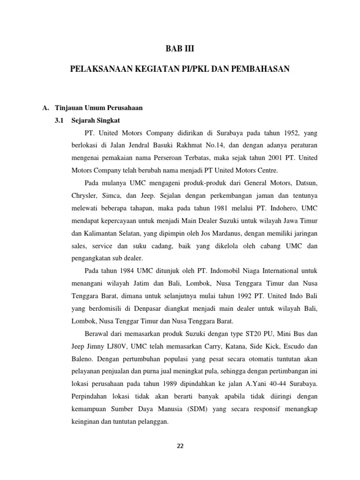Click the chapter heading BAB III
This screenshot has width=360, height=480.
click(180, 48)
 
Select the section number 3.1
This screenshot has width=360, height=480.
click(59, 120)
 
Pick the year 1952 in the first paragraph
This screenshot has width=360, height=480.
click(285, 133)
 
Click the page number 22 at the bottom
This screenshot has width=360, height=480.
click(180, 446)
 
